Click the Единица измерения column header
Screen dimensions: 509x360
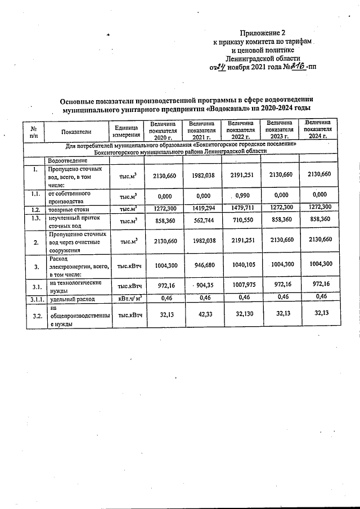pos(126,131)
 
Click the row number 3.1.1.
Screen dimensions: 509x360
pos(35,298)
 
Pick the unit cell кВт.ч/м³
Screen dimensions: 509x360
pos(127,298)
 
